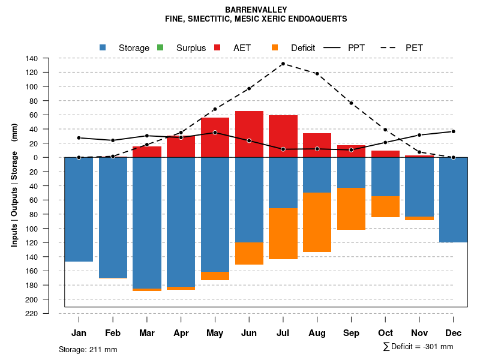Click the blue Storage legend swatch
pyautogui.click(x=103, y=47)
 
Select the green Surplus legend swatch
pyautogui.click(x=160, y=47)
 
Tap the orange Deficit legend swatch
pyautogui.click(x=275, y=47)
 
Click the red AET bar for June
pyautogui.click(x=249, y=134)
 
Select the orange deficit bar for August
pyautogui.click(x=317, y=223)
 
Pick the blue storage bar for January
pyautogui.click(x=79, y=209)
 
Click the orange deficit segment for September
pyautogui.click(x=352, y=209)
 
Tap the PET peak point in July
pyautogui.click(x=283, y=64)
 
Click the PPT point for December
pyautogui.click(x=454, y=131)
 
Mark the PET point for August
pyautogui.click(x=317, y=74)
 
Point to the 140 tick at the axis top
pyautogui.click(x=32, y=58)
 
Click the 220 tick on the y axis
pyautogui.click(x=32, y=314)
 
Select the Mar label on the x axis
pyautogui.click(x=147, y=333)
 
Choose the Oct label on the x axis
pyautogui.click(x=386, y=333)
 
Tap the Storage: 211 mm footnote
pyautogui.click(x=88, y=349)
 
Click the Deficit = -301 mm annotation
pyautogui.click(x=418, y=347)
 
